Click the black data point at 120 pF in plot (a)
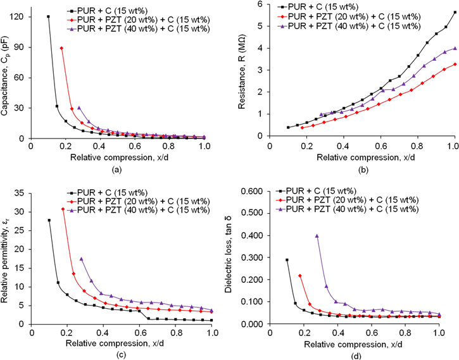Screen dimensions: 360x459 pyautogui.click(x=49, y=16)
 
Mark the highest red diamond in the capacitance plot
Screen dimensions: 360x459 pyautogui.click(x=61, y=48)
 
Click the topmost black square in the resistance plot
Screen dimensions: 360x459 pyautogui.click(x=455, y=13)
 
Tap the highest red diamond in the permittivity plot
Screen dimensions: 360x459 pyautogui.click(x=63, y=209)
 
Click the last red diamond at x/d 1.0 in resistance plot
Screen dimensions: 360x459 pyautogui.click(x=455, y=65)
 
